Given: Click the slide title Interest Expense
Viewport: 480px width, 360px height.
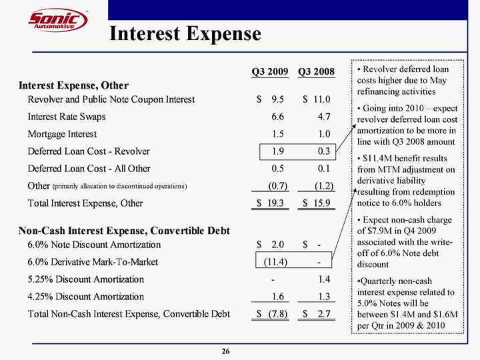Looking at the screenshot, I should (x=185, y=33).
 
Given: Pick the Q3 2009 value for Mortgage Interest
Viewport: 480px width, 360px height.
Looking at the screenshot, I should (x=278, y=134).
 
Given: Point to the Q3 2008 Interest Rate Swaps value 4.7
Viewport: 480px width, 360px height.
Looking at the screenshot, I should (x=324, y=117).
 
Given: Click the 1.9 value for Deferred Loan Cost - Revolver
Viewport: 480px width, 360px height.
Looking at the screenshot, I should (x=278, y=151).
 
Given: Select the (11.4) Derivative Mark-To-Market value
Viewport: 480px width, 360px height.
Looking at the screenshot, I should (x=273, y=262).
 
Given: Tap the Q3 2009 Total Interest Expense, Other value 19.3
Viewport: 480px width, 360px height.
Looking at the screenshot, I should (x=273, y=203).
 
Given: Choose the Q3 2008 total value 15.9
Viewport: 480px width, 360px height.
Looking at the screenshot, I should (x=319, y=203).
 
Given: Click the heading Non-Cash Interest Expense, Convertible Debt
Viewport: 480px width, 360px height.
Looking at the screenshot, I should (x=124, y=231).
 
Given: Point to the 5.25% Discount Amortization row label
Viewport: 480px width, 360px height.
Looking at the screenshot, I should (x=85, y=279).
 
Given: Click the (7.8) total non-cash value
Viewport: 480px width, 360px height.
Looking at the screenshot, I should (x=273, y=314).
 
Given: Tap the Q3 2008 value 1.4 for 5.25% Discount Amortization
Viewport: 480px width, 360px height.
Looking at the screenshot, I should (x=324, y=279).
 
